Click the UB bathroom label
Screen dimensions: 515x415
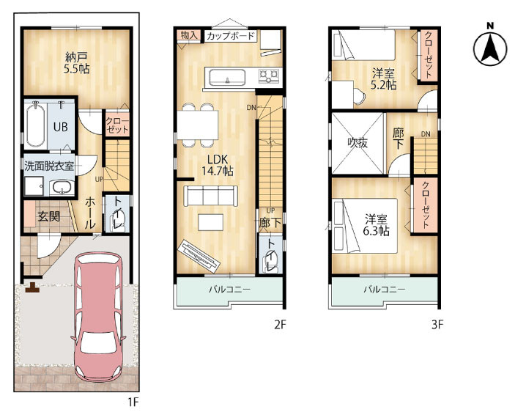click(x=60, y=127)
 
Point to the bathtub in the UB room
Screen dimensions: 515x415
click(x=35, y=125)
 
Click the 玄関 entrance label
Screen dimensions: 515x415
click(x=48, y=216)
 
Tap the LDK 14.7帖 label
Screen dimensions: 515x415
click(x=217, y=165)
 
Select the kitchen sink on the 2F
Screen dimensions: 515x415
click(x=227, y=78)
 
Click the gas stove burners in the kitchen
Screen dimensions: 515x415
click(x=269, y=76)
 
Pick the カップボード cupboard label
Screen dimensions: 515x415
click(x=231, y=35)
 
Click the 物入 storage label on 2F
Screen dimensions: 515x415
click(x=188, y=35)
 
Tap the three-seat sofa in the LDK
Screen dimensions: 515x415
click(x=211, y=196)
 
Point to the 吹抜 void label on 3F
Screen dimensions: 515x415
click(x=357, y=143)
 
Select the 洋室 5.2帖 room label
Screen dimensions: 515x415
click(x=383, y=79)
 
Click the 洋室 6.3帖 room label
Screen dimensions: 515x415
click(x=377, y=225)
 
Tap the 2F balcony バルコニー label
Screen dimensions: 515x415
click(x=230, y=290)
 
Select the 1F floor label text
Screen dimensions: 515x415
click(x=133, y=402)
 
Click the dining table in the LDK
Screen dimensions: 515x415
click(x=197, y=125)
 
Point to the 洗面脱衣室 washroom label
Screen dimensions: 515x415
click(x=49, y=166)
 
